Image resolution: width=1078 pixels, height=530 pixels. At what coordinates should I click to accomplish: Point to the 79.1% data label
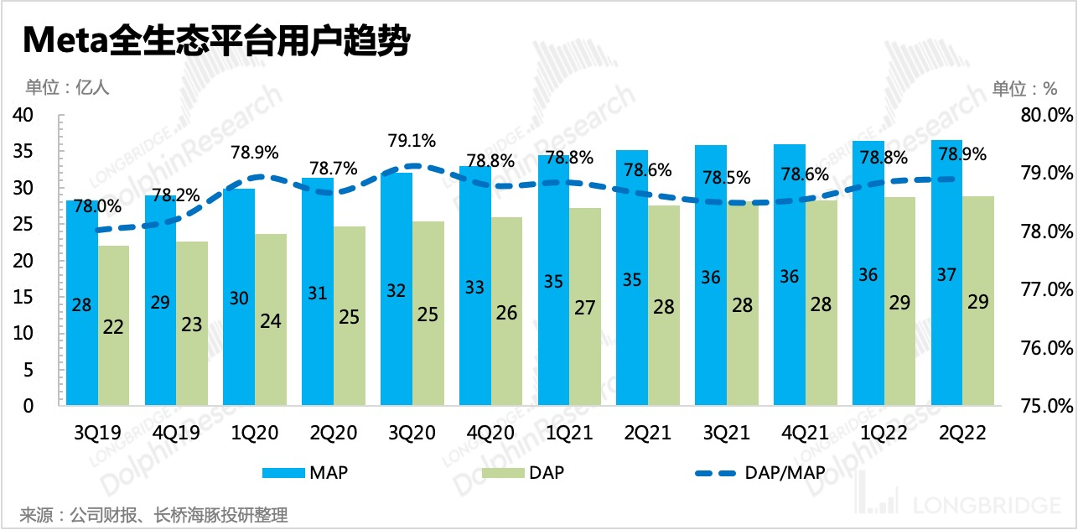click(x=412, y=139)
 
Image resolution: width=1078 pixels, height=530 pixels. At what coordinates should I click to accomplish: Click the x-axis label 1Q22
click(x=884, y=433)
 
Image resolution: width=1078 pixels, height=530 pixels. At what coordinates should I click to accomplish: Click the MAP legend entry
click(x=305, y=472)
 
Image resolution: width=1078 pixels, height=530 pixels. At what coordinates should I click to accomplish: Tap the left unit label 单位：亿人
click(x=68, y=86)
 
